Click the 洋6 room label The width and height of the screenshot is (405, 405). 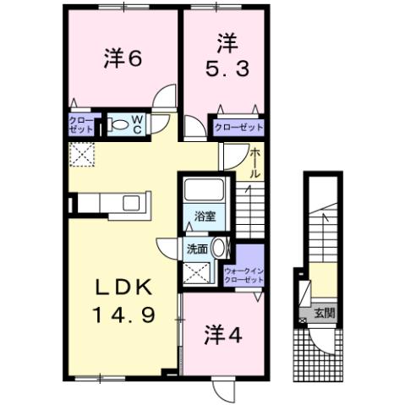point(122,58)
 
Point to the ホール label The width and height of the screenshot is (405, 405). point(254,161)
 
